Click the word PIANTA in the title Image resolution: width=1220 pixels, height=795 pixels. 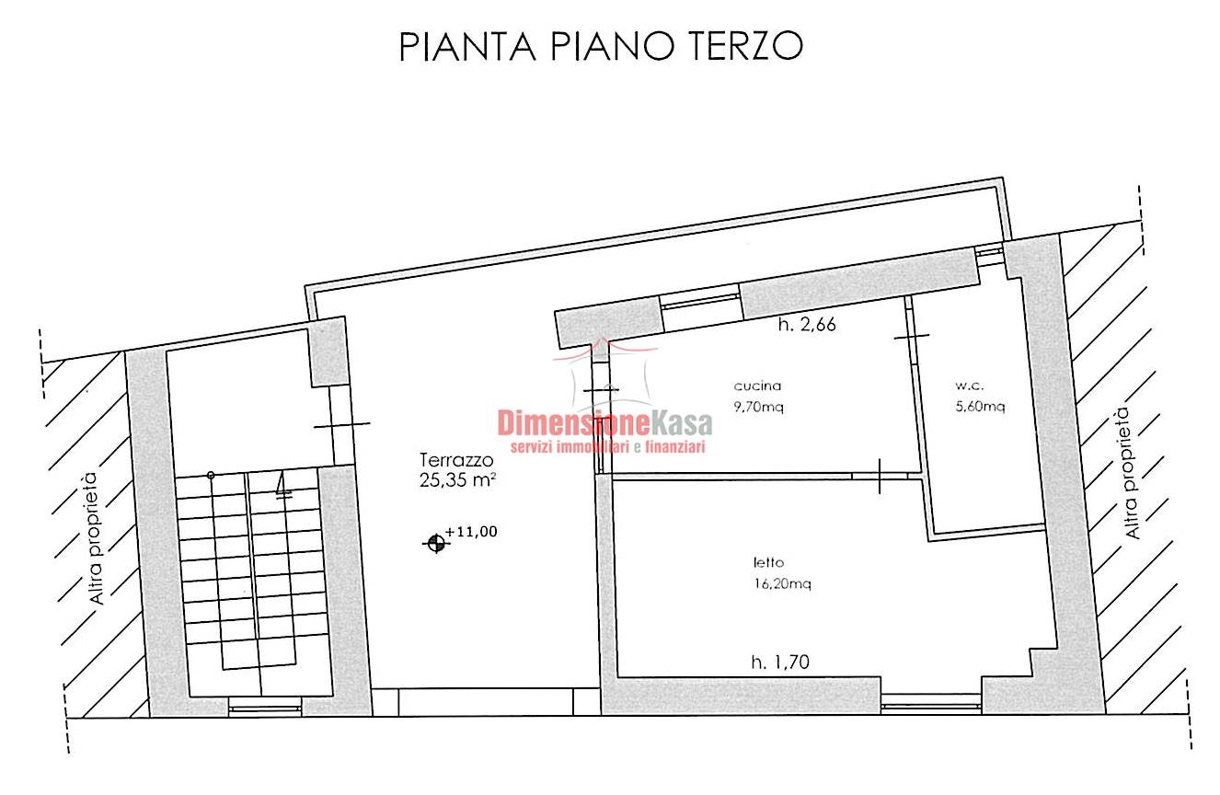467,46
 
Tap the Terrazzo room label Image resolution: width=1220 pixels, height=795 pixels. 456,460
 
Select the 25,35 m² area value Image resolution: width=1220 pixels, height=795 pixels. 457,480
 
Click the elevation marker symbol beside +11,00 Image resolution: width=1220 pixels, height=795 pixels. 436,543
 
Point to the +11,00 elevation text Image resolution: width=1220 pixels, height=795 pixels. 472,531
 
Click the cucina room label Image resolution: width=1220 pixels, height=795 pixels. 757,386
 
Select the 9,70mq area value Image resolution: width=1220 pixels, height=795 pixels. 758,407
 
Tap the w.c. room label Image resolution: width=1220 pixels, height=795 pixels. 970,386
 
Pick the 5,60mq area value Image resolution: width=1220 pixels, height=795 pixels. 981,406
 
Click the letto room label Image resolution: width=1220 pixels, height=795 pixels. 768,562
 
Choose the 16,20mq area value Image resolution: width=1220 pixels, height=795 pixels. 783,583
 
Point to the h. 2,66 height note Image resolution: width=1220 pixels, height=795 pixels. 807,325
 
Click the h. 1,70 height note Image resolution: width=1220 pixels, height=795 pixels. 780,662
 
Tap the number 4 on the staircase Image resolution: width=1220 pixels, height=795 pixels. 282,485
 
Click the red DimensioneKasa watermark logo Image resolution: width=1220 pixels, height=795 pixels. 604,423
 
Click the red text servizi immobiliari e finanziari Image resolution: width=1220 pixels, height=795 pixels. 608,447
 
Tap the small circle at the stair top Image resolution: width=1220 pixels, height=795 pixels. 211,476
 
